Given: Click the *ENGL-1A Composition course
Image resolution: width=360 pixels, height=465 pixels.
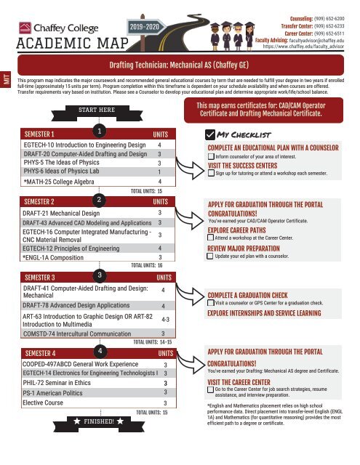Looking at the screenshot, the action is coord(56,256).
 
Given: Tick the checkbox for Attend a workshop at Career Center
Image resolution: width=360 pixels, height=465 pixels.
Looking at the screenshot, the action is coord(212,238).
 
